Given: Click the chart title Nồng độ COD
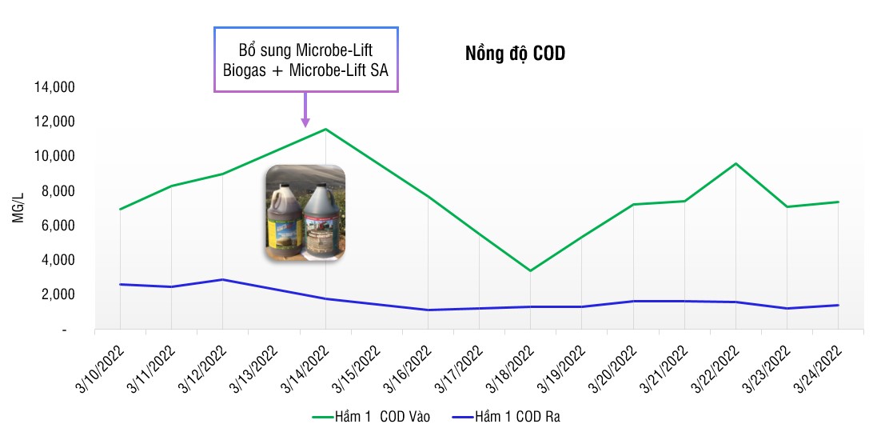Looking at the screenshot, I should (x=515, y=54).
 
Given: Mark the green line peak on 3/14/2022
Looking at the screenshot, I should (x=325, y=129).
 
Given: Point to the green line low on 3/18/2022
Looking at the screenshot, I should (x=530, y=270).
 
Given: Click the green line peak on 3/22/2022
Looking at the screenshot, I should (x=735, y=163).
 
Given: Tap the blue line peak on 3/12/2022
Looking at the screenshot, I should (x=223, y=279).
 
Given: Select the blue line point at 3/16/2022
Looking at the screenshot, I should (x=428, y=310).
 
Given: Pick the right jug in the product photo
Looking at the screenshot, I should (x=325, y=216).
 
